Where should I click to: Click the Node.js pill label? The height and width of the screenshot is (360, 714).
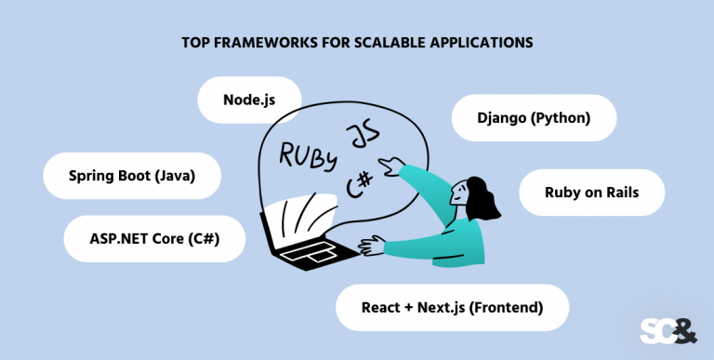[249, 100]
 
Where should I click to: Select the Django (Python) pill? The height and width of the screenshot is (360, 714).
[534, 118]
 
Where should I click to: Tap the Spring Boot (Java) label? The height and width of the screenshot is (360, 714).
[132, 176]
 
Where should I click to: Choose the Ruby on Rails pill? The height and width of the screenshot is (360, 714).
[591, 193]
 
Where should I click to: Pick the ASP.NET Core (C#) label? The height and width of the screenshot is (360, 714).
[154, 239]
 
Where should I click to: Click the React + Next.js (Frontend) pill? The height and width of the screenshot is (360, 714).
[452, 308]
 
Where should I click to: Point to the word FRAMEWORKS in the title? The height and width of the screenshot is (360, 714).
[250, 43]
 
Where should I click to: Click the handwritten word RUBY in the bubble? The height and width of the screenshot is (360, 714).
[309, 156]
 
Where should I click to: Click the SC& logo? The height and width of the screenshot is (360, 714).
[668, 331]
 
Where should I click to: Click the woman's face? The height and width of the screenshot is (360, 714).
[458, 193]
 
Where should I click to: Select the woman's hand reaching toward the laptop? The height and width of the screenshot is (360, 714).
[371, 246]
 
